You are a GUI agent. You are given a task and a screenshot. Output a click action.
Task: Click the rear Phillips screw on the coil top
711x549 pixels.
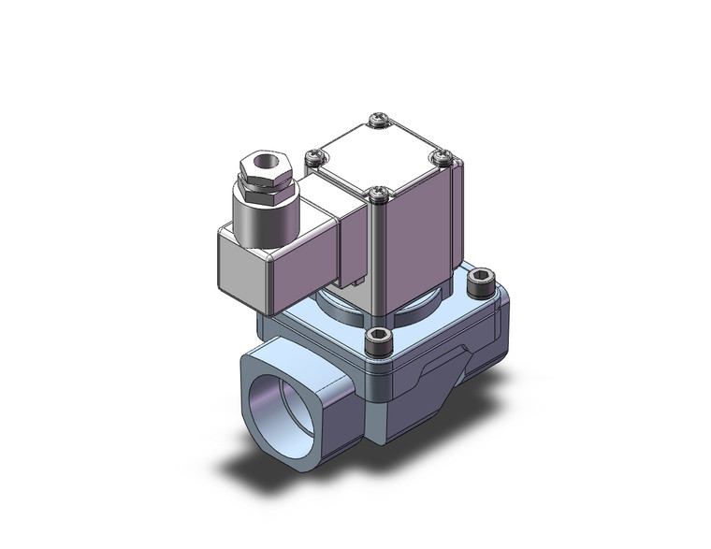[376, 119]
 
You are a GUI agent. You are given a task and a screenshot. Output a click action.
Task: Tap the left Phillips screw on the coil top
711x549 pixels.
[312, 155]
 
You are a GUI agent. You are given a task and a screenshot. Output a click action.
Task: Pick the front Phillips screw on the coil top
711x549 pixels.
[377, 195]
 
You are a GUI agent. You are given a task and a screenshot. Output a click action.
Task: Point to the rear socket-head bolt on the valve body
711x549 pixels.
[480, 277]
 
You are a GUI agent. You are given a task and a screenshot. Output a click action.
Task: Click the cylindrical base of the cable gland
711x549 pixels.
[266, 218]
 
